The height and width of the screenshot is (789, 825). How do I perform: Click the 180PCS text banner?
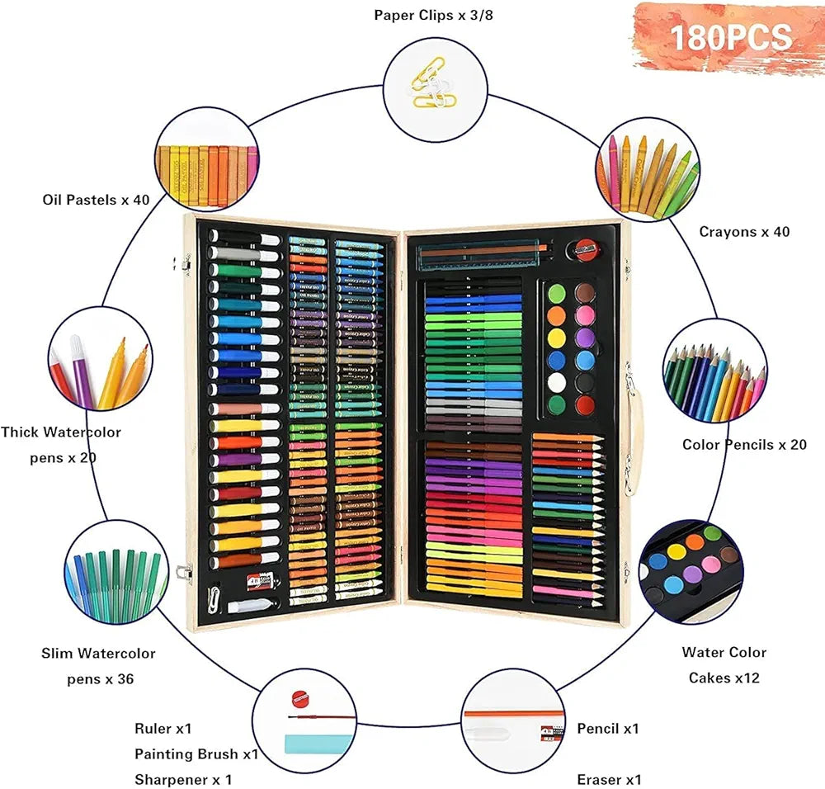tap(730, 37)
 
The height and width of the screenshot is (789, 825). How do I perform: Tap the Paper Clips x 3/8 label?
tap(433, 15)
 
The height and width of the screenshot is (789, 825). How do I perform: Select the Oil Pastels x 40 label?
tap(96, 200)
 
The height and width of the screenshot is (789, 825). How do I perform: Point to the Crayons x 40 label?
tap(744, 232)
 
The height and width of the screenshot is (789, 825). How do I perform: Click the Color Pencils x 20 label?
tap(744, 445)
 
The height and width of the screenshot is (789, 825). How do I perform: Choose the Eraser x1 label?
tap(610, 780)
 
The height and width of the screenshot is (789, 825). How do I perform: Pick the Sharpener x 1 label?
tap(183, 780)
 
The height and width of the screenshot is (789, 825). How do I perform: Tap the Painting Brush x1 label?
tap(196, 754)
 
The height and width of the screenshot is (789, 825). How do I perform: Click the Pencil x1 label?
tap(608, 729)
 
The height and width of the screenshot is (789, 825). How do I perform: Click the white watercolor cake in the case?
tap(557, 383)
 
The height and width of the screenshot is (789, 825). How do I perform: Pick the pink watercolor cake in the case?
tap(585, 316)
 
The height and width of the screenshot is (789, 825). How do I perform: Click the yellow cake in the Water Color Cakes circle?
tap(676, 551)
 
